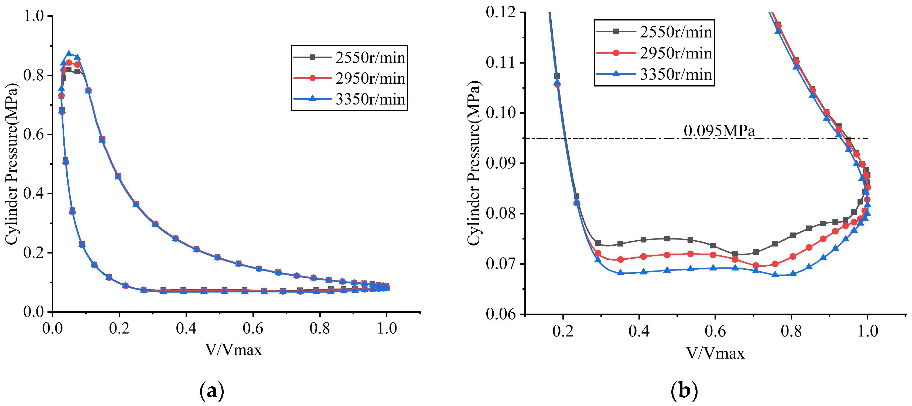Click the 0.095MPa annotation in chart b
(719, 131)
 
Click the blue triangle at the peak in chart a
(69, 54)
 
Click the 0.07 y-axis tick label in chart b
(501, 264)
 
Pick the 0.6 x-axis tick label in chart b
(715, 331)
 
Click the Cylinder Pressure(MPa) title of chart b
(474, 163)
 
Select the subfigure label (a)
(212, 391)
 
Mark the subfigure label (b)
(684, 391)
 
